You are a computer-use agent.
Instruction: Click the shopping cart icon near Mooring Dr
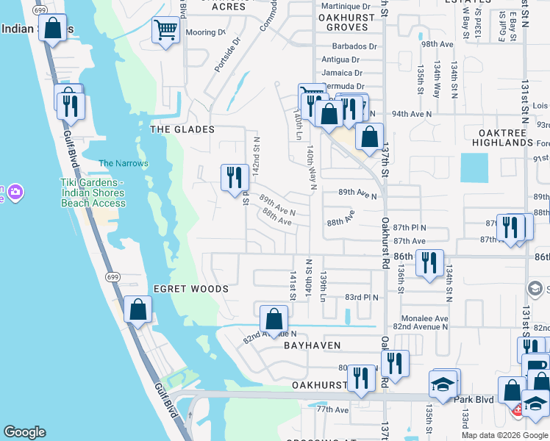click(165, 31)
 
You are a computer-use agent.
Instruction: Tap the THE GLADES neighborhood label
click(182, 129)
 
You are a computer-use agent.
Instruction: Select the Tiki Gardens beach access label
click(93, 193)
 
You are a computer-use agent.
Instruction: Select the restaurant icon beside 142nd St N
click(233, 176)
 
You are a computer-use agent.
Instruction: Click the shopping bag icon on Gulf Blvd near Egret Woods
click(137, 309)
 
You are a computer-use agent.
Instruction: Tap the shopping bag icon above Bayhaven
click(274, 319)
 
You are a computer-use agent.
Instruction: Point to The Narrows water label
click(124, 163)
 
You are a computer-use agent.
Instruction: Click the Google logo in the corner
click(24, 432)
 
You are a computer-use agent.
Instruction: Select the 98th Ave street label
click(437, 44)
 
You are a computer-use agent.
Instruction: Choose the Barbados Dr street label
click(349, 46)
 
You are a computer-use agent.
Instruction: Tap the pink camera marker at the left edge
click(15, 193)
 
